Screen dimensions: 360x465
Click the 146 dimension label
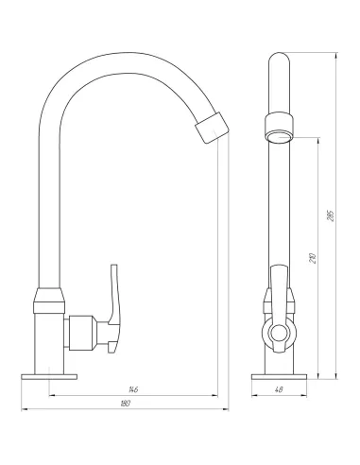133,389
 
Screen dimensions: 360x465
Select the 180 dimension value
126,404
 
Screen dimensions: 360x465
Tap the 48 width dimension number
279,389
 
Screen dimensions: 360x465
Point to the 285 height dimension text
331,215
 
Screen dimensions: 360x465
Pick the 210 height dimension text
313,258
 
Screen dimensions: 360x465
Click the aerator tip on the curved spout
212,129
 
